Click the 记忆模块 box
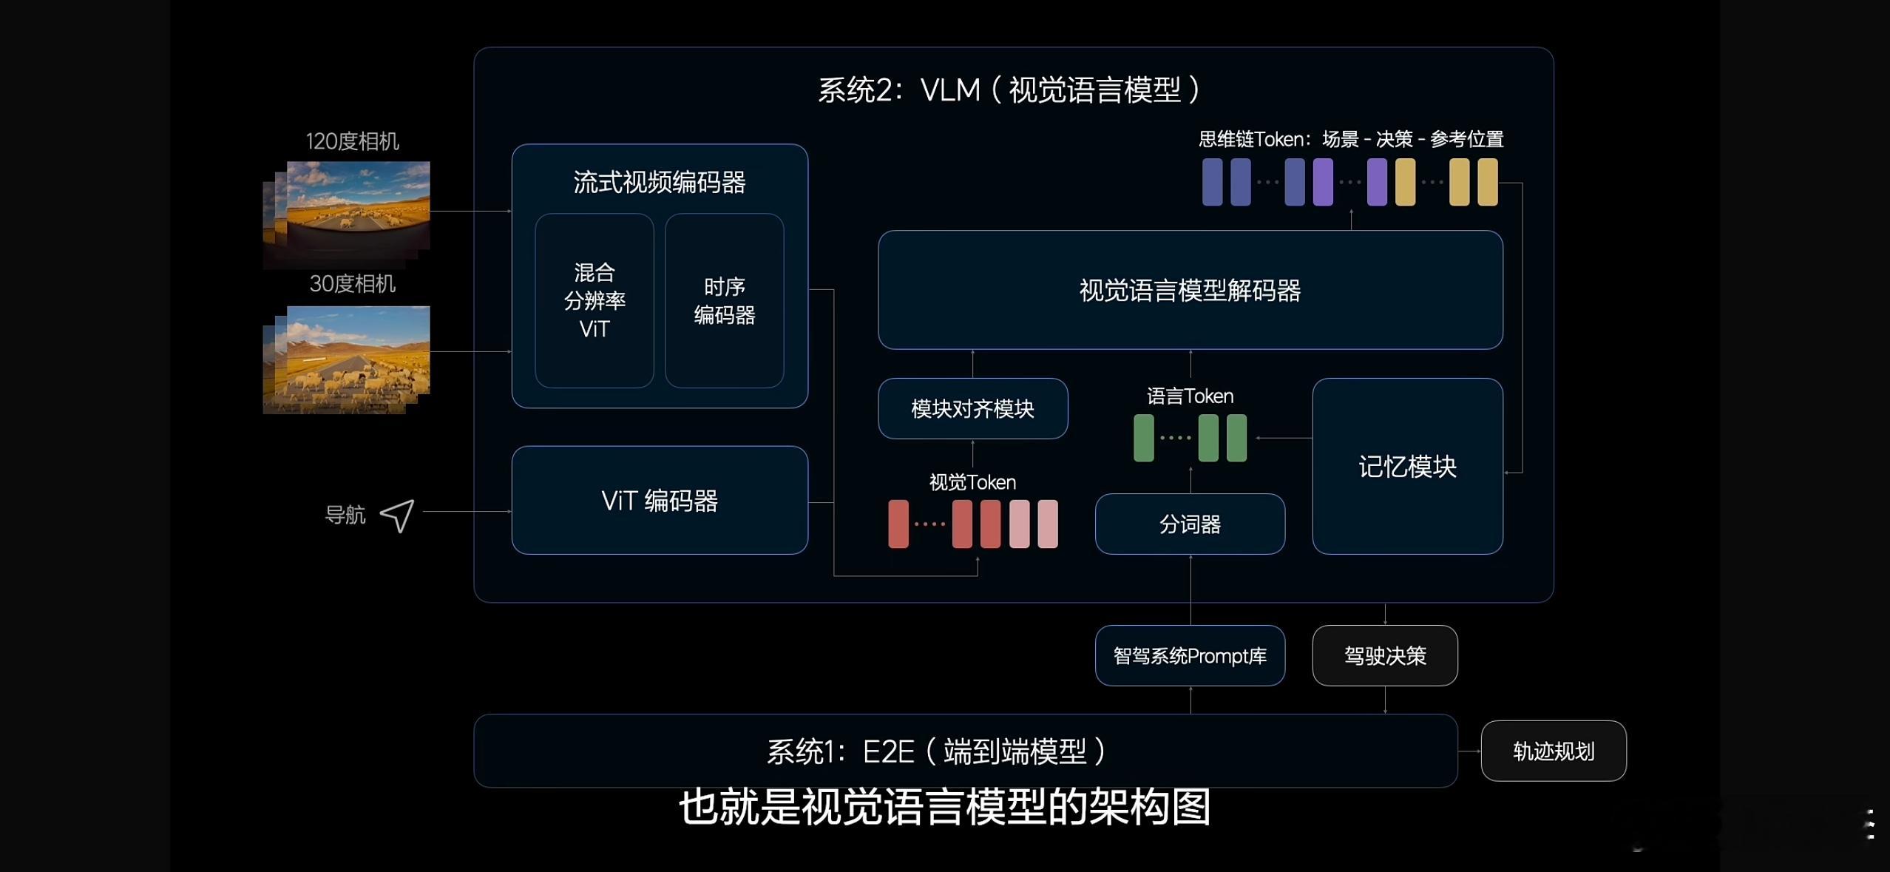coord(1407,466)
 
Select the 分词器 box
coord(1190,524)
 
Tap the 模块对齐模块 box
coord(972,408)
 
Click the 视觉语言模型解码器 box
coord(1190,290)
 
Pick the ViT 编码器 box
coord(660,500)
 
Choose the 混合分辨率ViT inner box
coord(595,300)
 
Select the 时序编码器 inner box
coord(724,300)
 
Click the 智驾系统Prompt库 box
coord(1190,655)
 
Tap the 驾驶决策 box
coord(1385,655)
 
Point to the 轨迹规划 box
coord(1554,751)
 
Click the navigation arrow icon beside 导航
coord(398,516)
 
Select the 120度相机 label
coord(352,141)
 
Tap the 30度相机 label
coord(352,283)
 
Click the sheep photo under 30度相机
coord(347,359)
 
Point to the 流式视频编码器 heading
coord(660,182)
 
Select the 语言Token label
coord(1190,396)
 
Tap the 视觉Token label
coord(972,482)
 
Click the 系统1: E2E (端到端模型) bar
coord(966,751)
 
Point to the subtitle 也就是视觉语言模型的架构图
coord(944,806)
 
